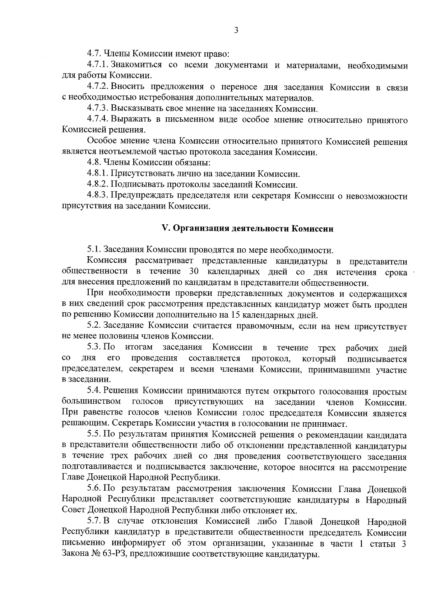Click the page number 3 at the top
[236, 31]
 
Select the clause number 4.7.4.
[97, 120]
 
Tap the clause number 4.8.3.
[97, 196]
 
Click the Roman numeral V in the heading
[166, 229]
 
